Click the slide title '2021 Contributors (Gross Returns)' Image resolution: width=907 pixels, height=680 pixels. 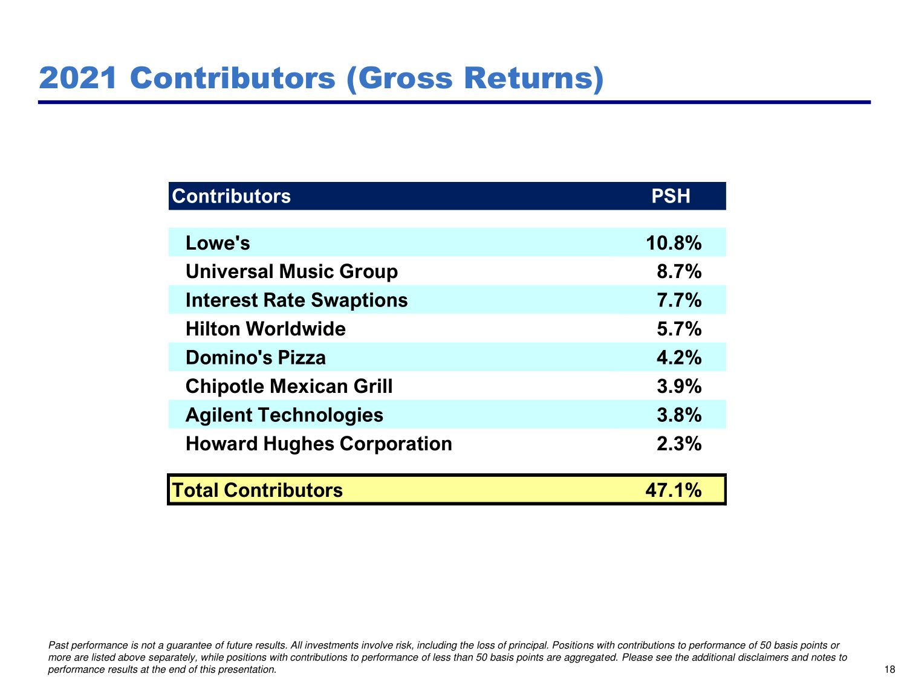click(x=321, y=79)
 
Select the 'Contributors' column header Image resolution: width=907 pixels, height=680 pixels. click(x=232, y=196)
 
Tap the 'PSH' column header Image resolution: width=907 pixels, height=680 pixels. click(x=671, y=196)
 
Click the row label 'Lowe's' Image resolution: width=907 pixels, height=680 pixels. click(x=218, y=243)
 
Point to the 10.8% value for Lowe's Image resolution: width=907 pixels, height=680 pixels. click(x=674, y=243)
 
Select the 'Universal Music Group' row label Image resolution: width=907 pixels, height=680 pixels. click(x=291, y=272)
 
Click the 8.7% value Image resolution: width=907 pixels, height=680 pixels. click(x=679, y=272)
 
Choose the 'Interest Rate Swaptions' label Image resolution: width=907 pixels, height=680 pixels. click(x=296, y=300)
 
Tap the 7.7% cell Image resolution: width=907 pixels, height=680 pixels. click(x=679, y=300)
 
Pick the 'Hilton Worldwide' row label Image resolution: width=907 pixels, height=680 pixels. click(x=265, y=329)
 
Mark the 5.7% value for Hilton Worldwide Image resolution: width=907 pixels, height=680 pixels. click(x=679, y=329)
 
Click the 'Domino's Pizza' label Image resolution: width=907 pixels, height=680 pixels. click(x=255, y=358)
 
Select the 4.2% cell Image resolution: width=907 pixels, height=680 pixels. click(x=679, y=358)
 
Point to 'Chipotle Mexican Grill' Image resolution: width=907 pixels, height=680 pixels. click(x=289, y=386)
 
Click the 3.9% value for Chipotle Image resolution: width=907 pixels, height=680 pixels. click(x=679, y=386)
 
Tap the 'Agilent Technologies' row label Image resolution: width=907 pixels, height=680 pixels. click(x=284, y=415)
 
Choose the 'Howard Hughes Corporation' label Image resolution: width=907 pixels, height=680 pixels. click(x=319, y=444)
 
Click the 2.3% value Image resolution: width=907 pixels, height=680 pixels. click(x=679, y=444)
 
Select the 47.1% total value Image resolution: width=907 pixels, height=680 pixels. click(x=674, y=490)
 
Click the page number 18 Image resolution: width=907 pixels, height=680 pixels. click(x=889, y=669)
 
